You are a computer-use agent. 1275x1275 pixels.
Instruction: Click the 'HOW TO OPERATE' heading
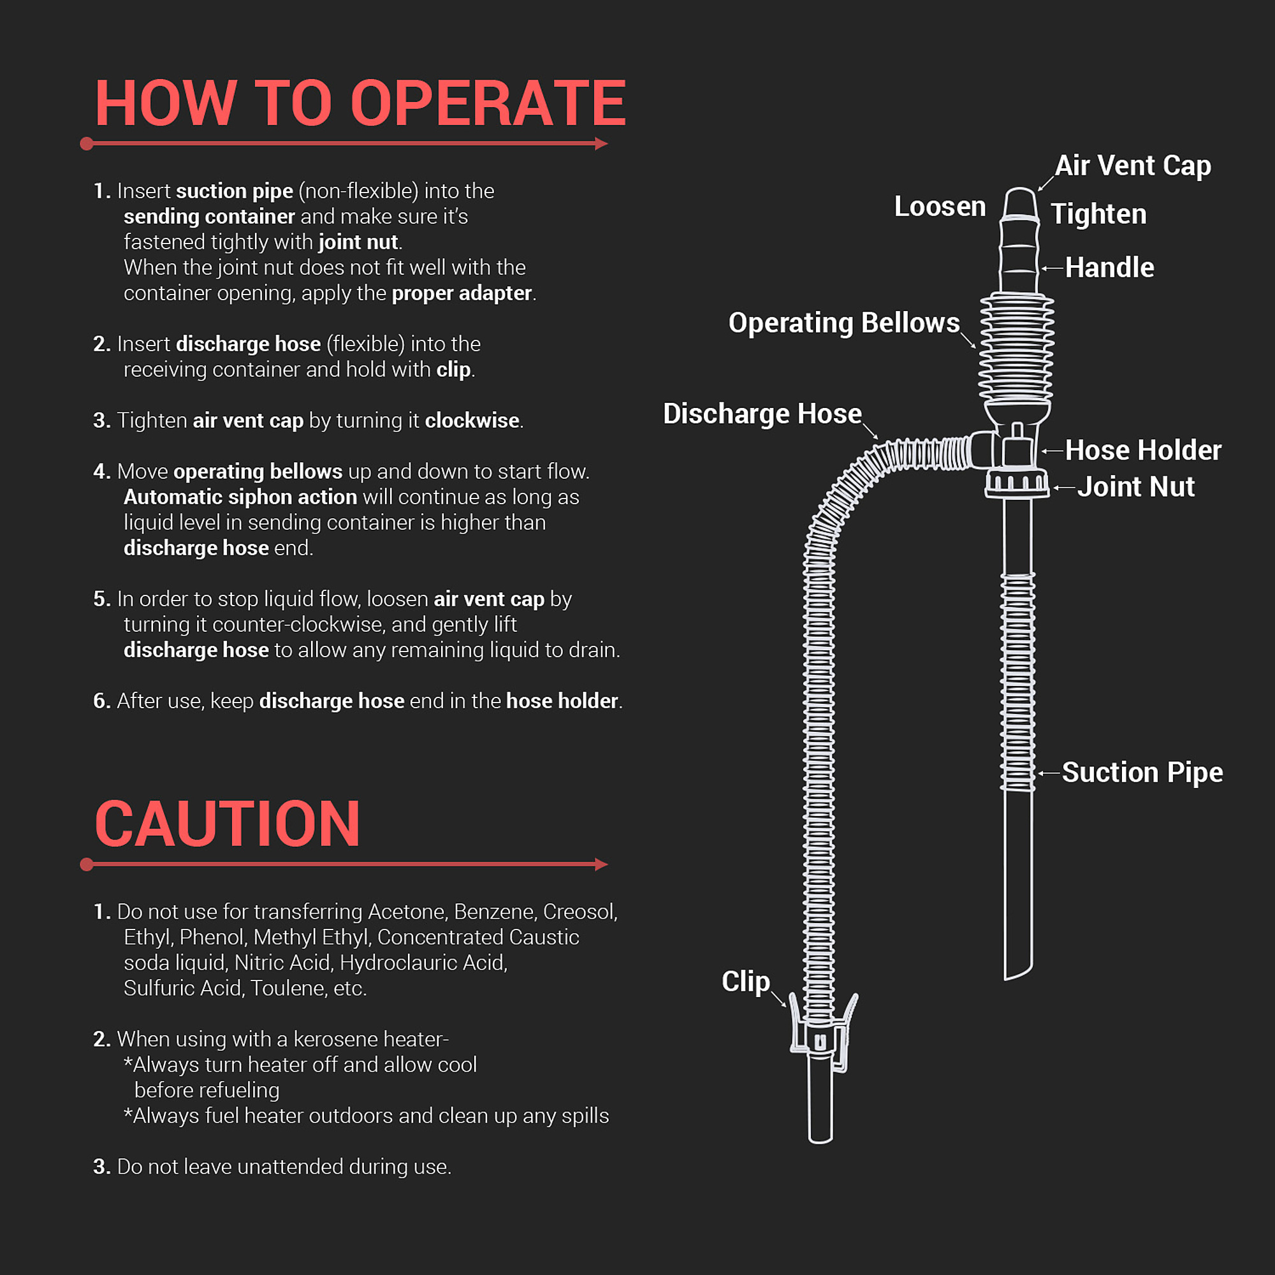tap(360, 104)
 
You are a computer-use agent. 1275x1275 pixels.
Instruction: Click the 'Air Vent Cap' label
tap(1132, 166)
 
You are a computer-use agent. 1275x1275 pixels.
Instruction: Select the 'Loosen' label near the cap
tap(939, 207)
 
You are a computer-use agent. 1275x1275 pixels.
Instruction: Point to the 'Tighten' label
tap(1098, 214)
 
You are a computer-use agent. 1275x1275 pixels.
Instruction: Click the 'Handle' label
tap(1109, 268)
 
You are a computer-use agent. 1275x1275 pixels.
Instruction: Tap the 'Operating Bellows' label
tap(843, 323)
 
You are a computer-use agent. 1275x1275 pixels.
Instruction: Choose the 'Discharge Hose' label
tap(762, 414)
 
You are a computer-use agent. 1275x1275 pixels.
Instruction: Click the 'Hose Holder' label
tap(1142, 451)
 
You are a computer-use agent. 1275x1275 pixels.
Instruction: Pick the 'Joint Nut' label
tap(1135, 487)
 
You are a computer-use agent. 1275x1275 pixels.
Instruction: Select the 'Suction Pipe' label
tap(1142, 772)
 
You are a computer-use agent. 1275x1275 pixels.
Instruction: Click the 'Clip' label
tap(745, 981)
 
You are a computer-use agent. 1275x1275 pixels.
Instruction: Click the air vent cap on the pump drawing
tap(1019, 203)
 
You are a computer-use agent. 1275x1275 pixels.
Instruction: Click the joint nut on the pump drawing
tap(1016, 483)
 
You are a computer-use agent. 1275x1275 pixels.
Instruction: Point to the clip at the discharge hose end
tap(822, 1036)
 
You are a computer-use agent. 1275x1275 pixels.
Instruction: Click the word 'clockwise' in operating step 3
tap(472, 420)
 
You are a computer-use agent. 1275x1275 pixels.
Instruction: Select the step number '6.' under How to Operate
tap(101, 701)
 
